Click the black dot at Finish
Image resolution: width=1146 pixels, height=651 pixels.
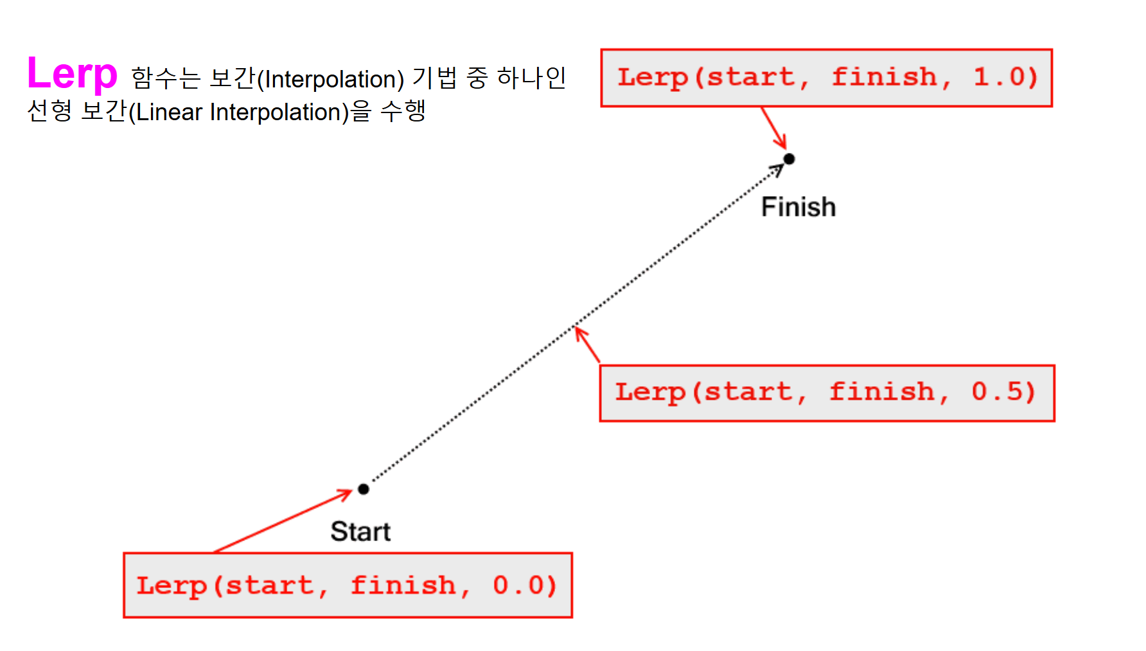[789, 159]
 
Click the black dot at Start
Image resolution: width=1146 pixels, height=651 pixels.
[364, 489]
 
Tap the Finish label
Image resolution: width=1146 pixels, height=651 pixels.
[798, 207]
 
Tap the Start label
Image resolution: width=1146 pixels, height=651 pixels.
[360, 531]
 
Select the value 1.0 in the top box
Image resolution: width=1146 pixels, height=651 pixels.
[1005, 77]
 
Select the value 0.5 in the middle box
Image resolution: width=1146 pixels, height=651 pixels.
[1003, 392]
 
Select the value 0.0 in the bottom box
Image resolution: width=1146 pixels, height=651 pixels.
[524, 585]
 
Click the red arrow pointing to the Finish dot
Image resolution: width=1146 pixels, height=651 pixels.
[774, 128]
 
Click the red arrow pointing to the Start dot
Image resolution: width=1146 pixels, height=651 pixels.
[283, 521]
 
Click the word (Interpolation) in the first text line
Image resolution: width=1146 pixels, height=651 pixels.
[330, 80]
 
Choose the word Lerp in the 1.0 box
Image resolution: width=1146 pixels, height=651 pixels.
[653, 77]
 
